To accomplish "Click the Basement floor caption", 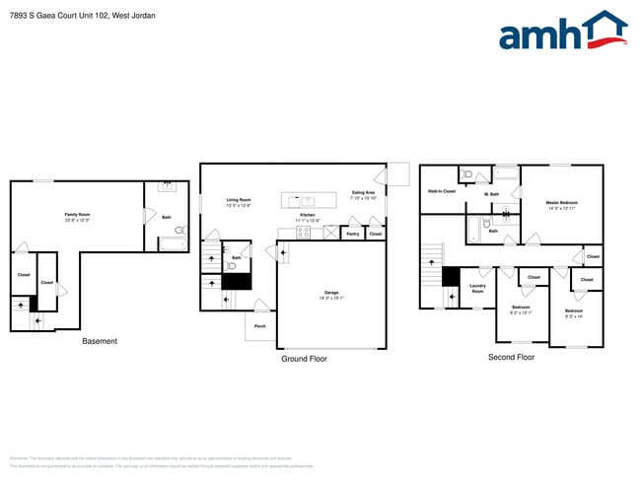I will [99, 341].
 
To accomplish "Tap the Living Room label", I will [239, 200].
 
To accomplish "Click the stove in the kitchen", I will [304, 233].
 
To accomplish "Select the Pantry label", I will [352, 234].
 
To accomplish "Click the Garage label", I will [331, 293].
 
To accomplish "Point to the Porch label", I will [260, 325].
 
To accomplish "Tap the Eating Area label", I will [363, 192].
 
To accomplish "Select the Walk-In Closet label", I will [441, 191].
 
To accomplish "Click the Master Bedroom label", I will [561, 203].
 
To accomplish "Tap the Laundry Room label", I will [477, 289].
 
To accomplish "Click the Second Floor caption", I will [511, 357].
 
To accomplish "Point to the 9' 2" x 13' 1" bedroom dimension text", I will [520, 312].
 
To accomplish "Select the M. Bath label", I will [491, 194].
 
